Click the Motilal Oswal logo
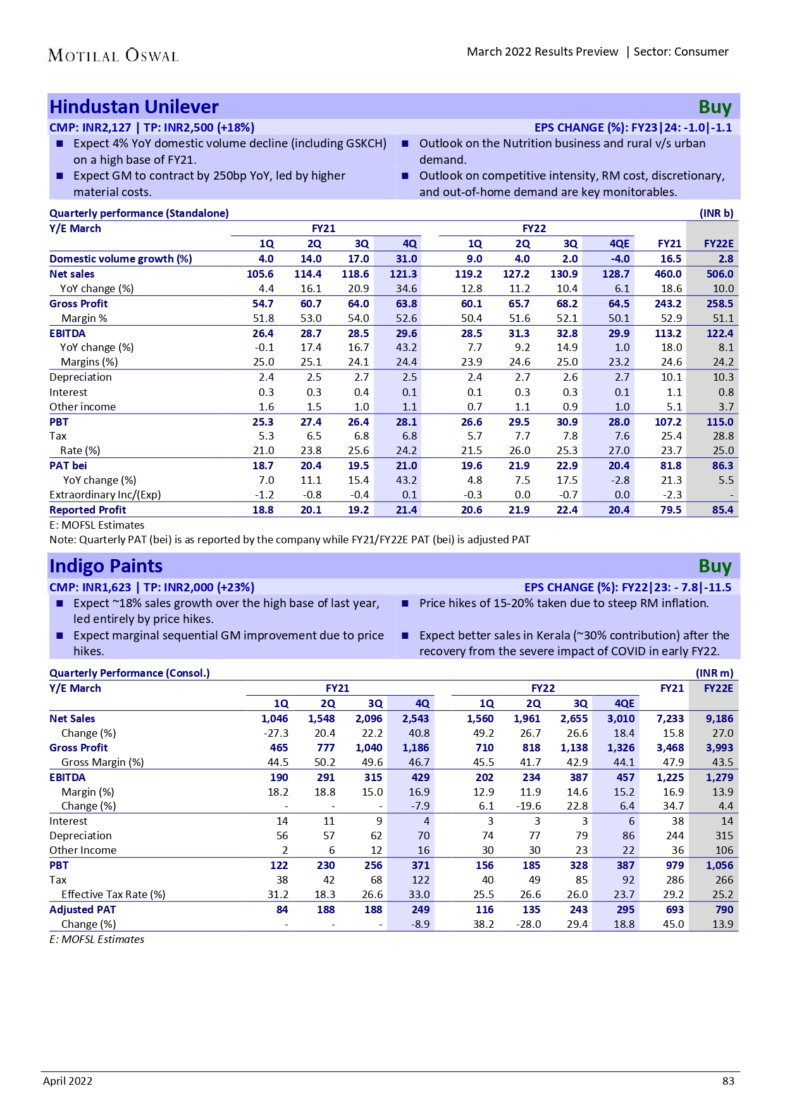click(113, 56)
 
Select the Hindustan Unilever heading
click(134, 107)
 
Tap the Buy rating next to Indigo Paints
click(715, 566)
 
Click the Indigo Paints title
click(106, 566)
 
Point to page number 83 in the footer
click(728, 1081)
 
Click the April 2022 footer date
click(68, 1081)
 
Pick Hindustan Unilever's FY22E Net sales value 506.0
click(720, 274)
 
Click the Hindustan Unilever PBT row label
click(59, 422)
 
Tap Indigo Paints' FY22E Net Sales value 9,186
click(720, 718)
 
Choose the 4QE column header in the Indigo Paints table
click(624, 703)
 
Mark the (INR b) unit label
click(716, 213)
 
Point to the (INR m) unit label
click(715, 673)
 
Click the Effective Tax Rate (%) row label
click(113, 894)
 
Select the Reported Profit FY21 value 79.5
click(671, 510)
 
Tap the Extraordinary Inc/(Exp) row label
click(105, 495)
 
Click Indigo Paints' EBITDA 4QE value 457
click(625, 777)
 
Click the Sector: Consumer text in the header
click(681, 52)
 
